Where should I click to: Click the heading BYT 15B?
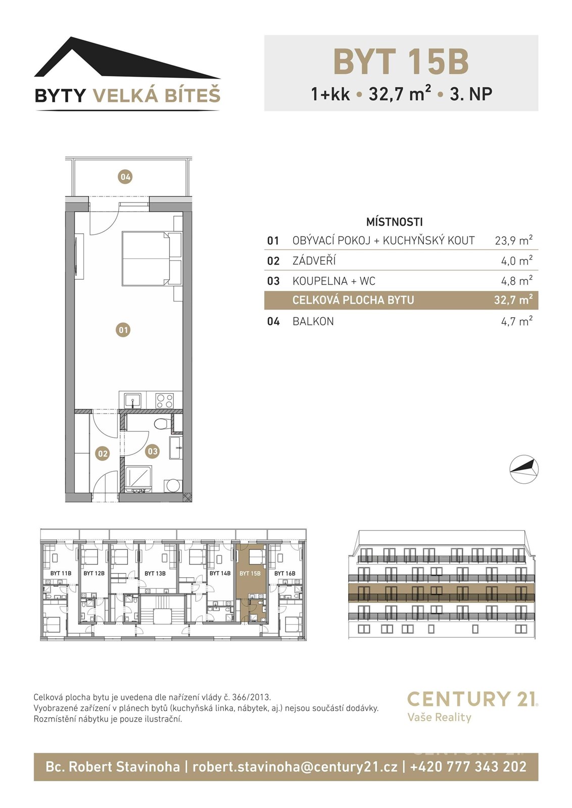[401, 62]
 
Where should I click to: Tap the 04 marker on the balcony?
[125, 177]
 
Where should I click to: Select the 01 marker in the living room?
[123, 330]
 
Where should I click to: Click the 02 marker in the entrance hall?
[103, 453]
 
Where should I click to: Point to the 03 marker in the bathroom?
[153, 451]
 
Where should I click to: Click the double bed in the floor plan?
[146, 259]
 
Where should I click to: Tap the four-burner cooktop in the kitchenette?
[165, 400]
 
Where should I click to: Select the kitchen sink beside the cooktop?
[133, 400]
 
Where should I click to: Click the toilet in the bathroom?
[161, 423]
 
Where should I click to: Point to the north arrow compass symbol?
[523, 469]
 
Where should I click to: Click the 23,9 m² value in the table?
[513, 240]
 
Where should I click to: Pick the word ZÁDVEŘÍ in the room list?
[314, 261]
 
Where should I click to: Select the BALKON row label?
[313, 321]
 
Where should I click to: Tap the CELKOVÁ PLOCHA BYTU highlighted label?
[353, 300]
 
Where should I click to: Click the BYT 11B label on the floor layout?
[61, 573]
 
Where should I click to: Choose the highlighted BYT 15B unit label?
[250, 573]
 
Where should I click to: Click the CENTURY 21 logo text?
[472, 699]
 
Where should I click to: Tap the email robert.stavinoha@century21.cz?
[295, 766]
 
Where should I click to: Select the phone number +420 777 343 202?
[468, 766]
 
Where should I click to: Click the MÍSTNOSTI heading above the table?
[395, 222]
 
